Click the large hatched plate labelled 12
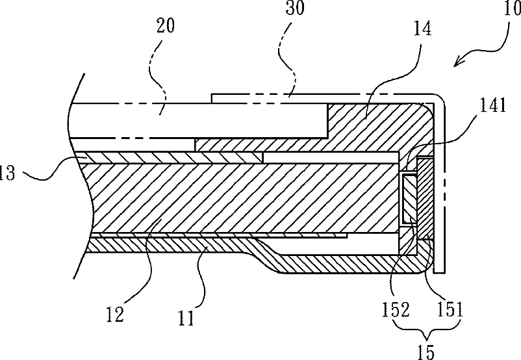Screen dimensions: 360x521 pyautogui.click(x=247, y=198)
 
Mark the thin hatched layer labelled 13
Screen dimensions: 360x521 pyautogui.click(x=162, y=157)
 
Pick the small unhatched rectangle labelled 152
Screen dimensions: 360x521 pyautogui.click(x=409, y=199)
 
